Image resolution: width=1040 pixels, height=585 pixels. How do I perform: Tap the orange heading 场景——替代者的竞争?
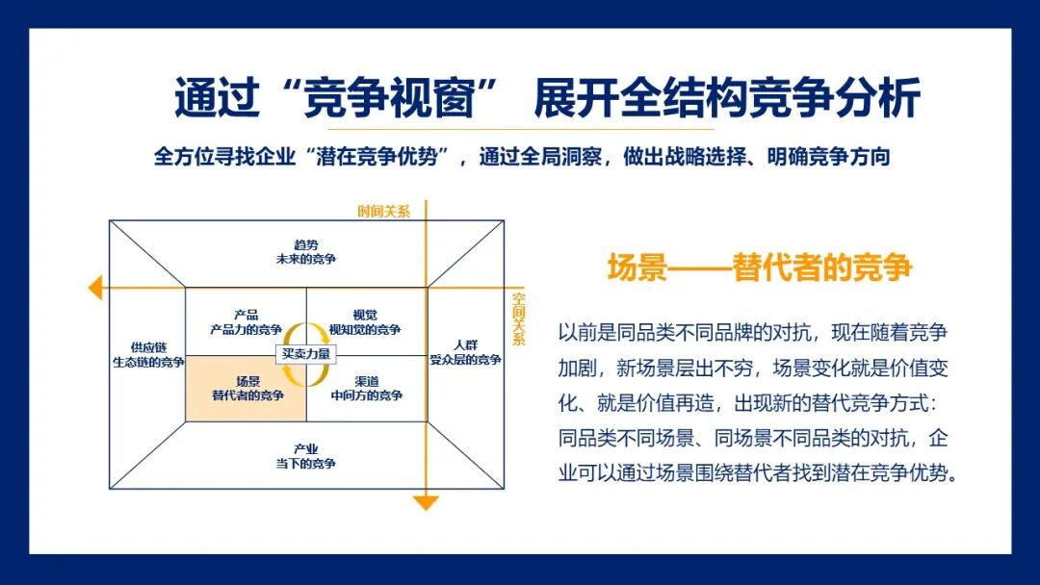[759, 267]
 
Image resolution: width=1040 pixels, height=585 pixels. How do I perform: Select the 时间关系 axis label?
[383, 212]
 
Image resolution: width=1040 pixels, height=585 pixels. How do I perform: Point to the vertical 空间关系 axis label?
[519, 318]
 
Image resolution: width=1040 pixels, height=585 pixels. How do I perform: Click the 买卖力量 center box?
[306, 353]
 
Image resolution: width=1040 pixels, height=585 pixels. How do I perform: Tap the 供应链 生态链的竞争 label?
[147, 354]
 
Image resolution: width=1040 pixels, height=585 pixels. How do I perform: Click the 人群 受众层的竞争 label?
[465, 352]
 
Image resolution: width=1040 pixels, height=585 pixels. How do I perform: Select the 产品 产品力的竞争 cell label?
[246, 321]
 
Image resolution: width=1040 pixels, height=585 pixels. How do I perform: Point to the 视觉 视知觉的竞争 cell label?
[365, 321]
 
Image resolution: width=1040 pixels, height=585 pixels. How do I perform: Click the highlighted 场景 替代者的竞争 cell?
[247, 388]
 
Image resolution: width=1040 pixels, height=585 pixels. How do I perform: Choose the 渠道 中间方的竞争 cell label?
[365, 388]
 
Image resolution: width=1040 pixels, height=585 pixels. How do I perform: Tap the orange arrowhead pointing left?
[94, 287]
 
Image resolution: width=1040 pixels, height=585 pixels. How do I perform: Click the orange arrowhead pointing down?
[425, 502]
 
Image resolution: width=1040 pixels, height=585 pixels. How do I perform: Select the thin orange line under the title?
[520, 128]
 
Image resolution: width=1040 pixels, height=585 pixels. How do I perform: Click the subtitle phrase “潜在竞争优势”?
[383, 158]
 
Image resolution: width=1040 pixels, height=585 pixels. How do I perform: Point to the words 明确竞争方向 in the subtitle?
[827, 158]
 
